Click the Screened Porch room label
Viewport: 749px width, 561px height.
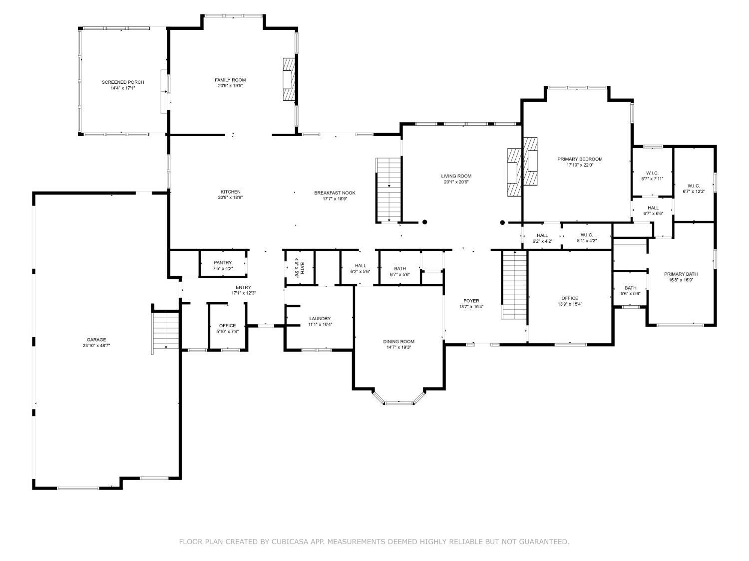[x=123, y=82]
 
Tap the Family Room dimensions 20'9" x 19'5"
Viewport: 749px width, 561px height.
[x=230, y=86]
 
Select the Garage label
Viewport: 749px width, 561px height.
[x=96, y=340]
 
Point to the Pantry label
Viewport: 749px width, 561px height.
[x=223, y=263]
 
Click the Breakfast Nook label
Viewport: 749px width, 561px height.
[x=335, y=193]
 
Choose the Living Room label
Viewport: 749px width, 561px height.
[x=456, y=176]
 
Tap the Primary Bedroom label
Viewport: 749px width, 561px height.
[x=580, y=159]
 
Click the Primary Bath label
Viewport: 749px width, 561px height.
[x=681, y=274]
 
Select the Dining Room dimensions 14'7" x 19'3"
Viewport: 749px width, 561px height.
[x=398, y=348]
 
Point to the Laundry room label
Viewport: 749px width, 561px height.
[x=320, y=319]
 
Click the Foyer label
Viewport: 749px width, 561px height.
[x=471, y=301]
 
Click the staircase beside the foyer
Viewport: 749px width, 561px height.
[x=514, y=285]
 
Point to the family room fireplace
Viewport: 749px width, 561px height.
[x=289, y=79]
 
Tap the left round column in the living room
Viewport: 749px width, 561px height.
[x=425, y=222]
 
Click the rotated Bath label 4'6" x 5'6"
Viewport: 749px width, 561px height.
[x=299, y=268]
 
